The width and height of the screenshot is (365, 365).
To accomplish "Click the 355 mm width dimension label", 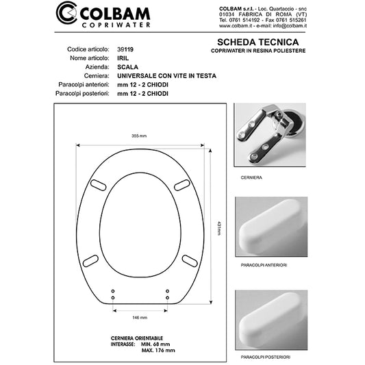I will click(x=140, y=136).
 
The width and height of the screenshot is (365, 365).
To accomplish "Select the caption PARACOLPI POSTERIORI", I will click(x=266, y=356).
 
